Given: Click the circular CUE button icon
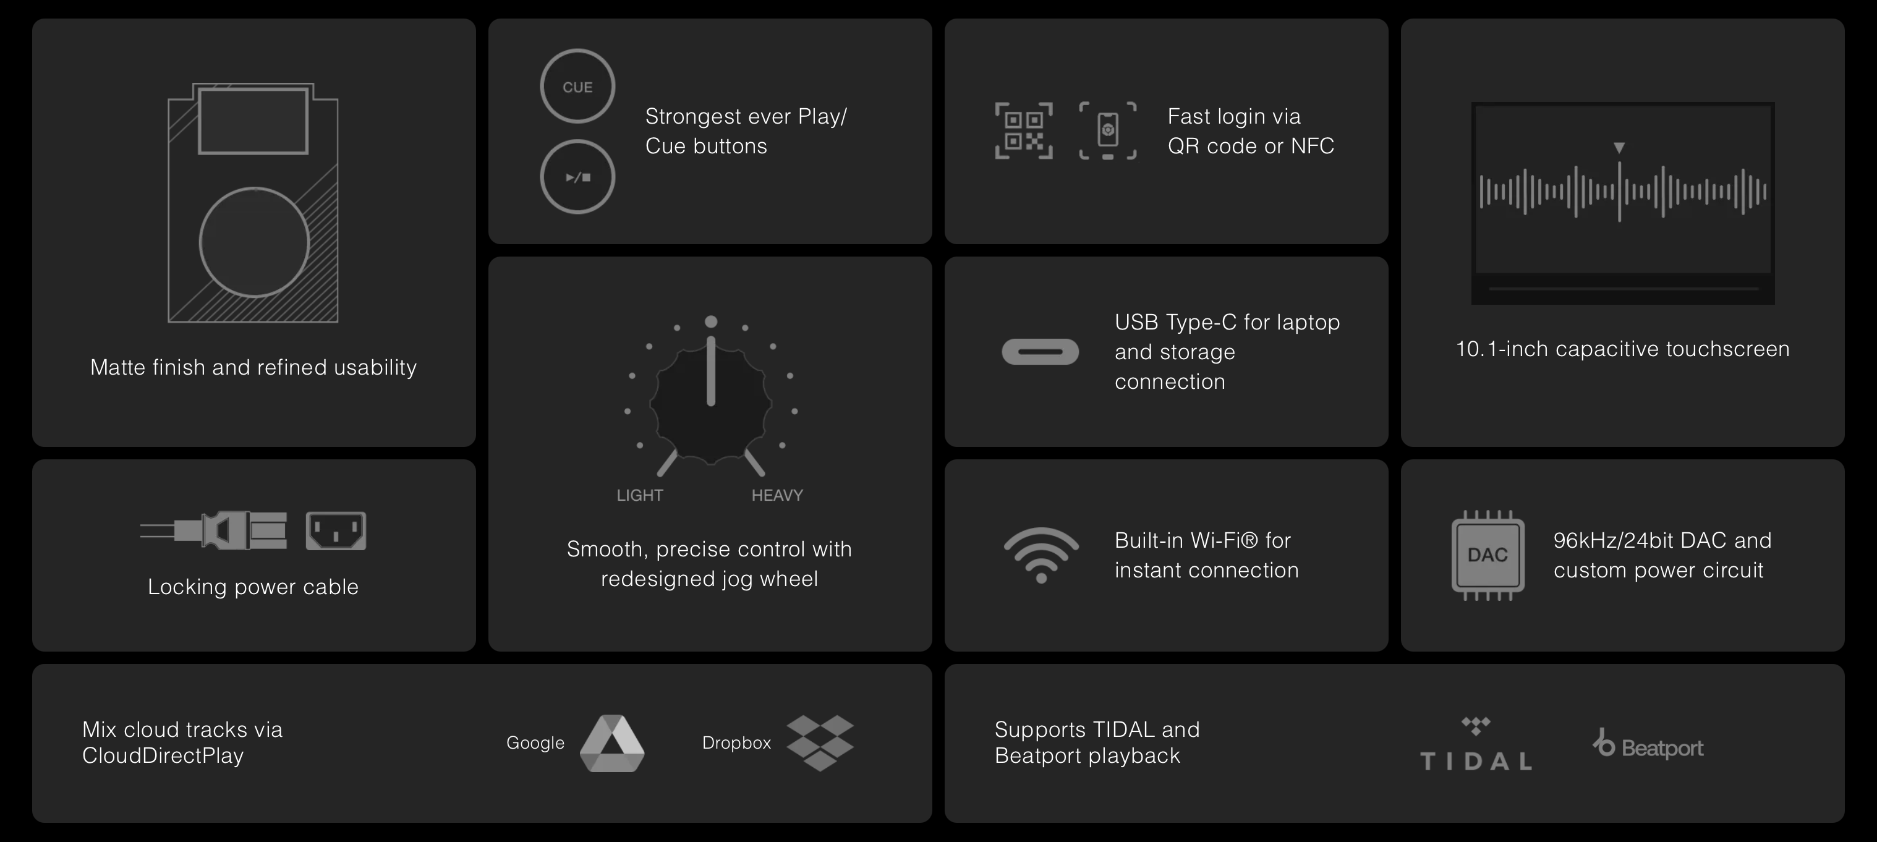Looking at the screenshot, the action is [x=577, y=86].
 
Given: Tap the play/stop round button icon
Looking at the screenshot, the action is [x=577, y=177].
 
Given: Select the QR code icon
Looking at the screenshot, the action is [x=1024, y=130].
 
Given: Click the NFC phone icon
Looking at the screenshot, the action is [x=1107, y=130].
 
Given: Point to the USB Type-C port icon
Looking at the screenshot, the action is [x=1041, y=352].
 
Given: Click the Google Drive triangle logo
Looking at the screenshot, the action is [x=612, y=743].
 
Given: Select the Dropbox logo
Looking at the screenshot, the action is [x=820, y=743].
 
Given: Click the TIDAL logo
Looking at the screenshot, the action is [x=1476, y=744].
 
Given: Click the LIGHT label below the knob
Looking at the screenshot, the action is [x=640, y=495].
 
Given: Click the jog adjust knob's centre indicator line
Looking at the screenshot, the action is [x=711, y=370].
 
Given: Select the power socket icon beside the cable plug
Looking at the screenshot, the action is [x=336, y=531].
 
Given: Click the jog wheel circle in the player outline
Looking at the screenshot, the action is [x=254, y=242].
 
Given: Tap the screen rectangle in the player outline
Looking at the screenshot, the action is [x=253, y=121].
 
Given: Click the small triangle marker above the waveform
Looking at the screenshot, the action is [x=1619, y=148].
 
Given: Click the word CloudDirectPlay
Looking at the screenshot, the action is [x=163, y=756].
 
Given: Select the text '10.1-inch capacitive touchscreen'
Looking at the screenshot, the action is [x=1623, y=349].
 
